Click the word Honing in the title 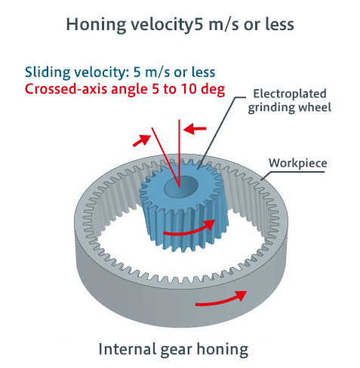pyautogui.click(x=96, y=25)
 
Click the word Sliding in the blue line pyautogui.click(x=48, y=72)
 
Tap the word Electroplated pyautogui.click(x=290, y=94)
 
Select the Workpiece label pyautogui.click(x=298, y=164)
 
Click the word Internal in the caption pyautogui.click(x=127, y=349)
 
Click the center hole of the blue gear pyautogui.click(x=181, y=187)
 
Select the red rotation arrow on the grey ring pyautogui.click(x=221, y=301)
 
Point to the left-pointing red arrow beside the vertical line pyautogui.click(x=195, y=129)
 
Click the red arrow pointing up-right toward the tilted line pyautogui.click(x=141, y=140)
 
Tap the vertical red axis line pyautogui.click(x=179, y=154)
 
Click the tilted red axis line pyautogui.click(x=165, y=158)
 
